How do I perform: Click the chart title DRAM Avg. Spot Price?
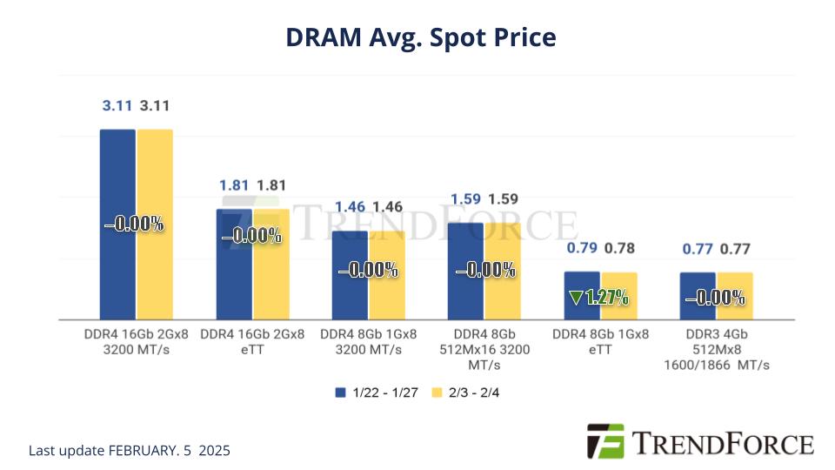pyautogui.click(x=420, y=37)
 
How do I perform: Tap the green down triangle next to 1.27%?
pyautogui.click(x=576, y=298)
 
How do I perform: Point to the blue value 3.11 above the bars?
pyautogui.click(x=117, y=106)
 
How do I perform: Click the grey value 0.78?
pyautogui.click(x=619, y=249)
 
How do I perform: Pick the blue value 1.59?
pyautogui.click(x=465, y=198)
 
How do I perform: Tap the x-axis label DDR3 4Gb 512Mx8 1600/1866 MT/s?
pyautogui.click(x=717, y=350)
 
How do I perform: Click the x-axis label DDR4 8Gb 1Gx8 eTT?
pyautogui.click(x=600, y=342)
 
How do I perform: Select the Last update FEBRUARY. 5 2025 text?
pyautogui.click(x=130, y=451)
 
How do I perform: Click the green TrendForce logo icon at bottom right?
pyautogui.click(x=605, y=441)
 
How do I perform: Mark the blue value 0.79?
pyautogui.click(x=582, y=249)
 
